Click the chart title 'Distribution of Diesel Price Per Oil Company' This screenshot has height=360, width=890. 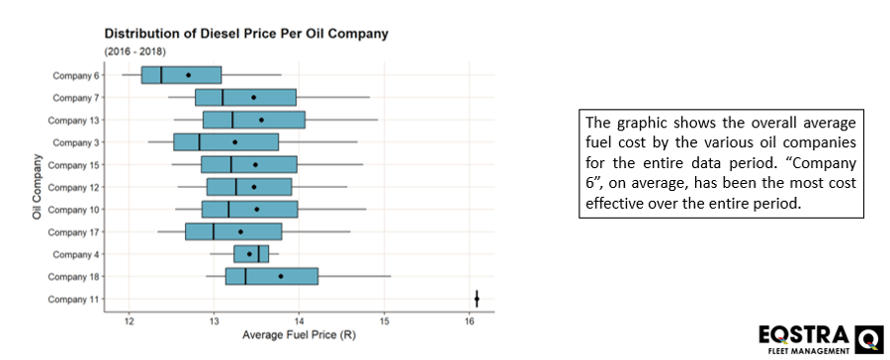tap(246, 34)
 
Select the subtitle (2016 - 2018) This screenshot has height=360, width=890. tap(135, 50)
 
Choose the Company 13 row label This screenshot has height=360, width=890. tap(75, 120)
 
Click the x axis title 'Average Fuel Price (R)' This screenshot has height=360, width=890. tap(299, 337)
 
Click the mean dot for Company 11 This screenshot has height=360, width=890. tap(477, 299)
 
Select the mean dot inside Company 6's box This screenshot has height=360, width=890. tap(188, 75)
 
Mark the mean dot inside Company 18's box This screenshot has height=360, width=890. tap(281, 277)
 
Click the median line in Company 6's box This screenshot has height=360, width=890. tap(161, 75)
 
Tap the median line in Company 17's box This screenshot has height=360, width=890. tap(214, 231)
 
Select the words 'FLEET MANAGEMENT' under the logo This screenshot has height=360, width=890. tap(810, 351)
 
